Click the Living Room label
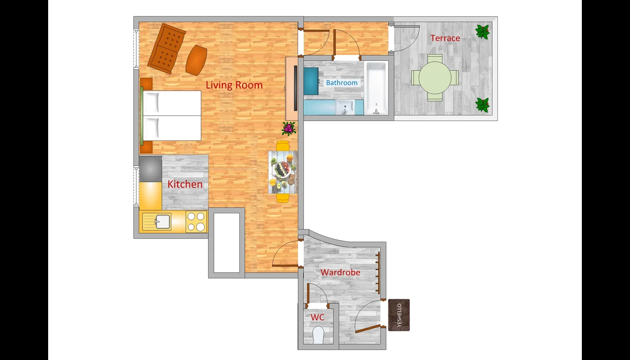coord(234,85)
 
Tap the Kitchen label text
coord(185,184)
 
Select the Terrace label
coord(445,38)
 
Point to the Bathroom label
coord(342,83)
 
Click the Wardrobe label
coord(340,272)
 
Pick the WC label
coord(318,317)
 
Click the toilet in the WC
coord(319,335)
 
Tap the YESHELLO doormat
coord(399,315)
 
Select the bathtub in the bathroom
coord(376,88)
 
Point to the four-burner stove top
coord(196,221)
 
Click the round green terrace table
coord(435,77)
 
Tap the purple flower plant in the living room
coord(289,129)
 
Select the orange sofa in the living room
coord(167,49)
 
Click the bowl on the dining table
coord(283,169)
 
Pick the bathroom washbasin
coord(345,107)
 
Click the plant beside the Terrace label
coord(482,31)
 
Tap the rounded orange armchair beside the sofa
coord(196,60)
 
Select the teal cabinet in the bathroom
coord(311,81)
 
